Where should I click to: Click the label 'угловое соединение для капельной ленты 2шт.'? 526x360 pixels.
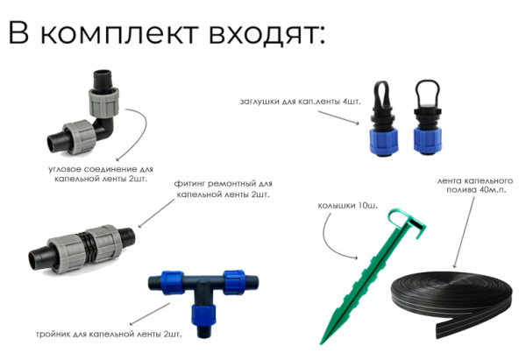[96, 173]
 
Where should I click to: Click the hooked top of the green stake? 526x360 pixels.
[400, 218]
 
